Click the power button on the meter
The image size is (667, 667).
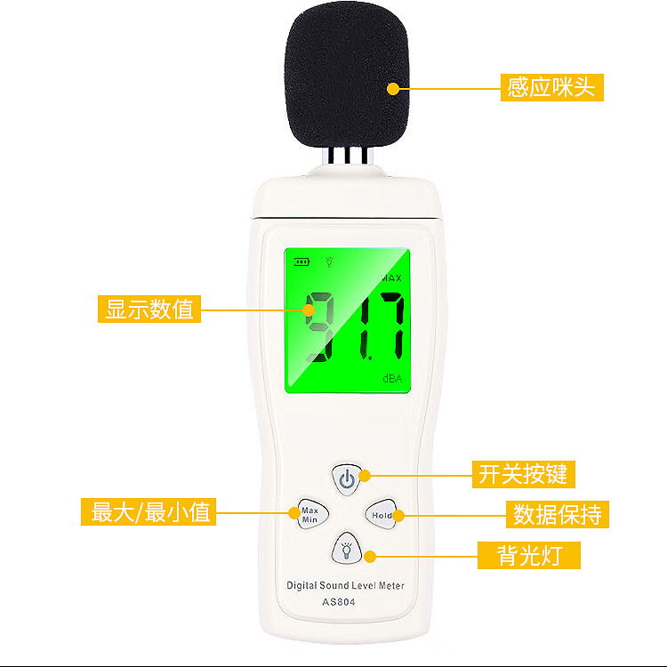347,479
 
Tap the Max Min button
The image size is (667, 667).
312,514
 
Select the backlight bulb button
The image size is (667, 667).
347,549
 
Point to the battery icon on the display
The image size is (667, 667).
301,261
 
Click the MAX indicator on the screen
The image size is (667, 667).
391,278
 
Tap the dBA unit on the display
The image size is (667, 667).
392,378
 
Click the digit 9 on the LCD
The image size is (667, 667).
320,326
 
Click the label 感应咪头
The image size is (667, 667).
551,87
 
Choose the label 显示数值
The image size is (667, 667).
149,309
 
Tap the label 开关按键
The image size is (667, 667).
524,474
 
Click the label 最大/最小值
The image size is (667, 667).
149,511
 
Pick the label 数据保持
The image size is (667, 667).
558,514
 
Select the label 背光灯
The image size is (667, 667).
529,555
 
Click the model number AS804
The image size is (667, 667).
339,602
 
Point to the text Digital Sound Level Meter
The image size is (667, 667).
345,586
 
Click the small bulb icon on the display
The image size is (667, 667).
329,261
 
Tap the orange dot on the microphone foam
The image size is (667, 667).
393,89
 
